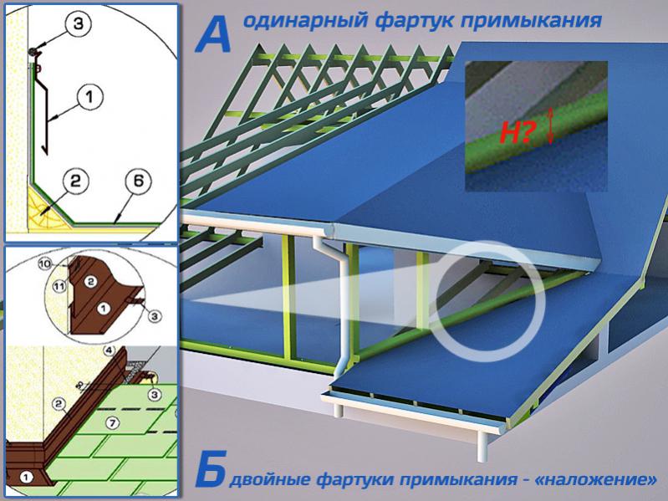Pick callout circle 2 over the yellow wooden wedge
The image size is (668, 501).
click(75, 179)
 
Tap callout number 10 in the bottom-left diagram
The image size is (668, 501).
click(46, 263)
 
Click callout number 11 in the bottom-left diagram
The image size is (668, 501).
click(58, 288)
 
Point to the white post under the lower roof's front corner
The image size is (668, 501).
click(483, 447)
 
